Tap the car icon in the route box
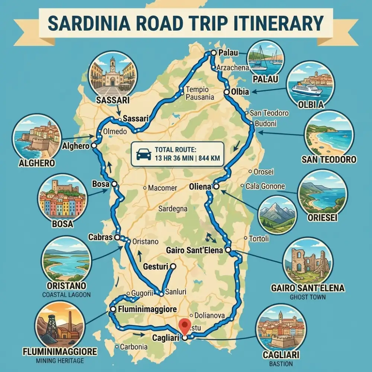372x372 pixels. pyautogui.click(x=144, y=154)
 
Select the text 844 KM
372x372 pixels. pyautogui.click(x=209, y=158)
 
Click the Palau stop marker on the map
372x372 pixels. pyautogui.click(x=213, y=53)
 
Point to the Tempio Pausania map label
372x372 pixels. pyautogui.click(x=200, y=93)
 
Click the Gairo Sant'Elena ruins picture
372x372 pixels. pyautogui.click(x=307, y=261)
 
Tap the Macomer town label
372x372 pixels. pyautogui.click(x=162, y=188)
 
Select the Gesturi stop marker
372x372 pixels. pyautogui.click(x=172, y=266)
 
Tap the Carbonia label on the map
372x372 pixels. pyautogui.click(x=133, y=347)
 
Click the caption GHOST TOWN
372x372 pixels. pyautogui.click(x=307, y=297)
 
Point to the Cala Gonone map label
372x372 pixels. pyautogui.click(x=265, y=186)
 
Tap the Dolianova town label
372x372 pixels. pyautogui.click(x=209, y=315)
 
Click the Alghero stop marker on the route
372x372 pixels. pyautogui.click(x=94, y=145)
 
